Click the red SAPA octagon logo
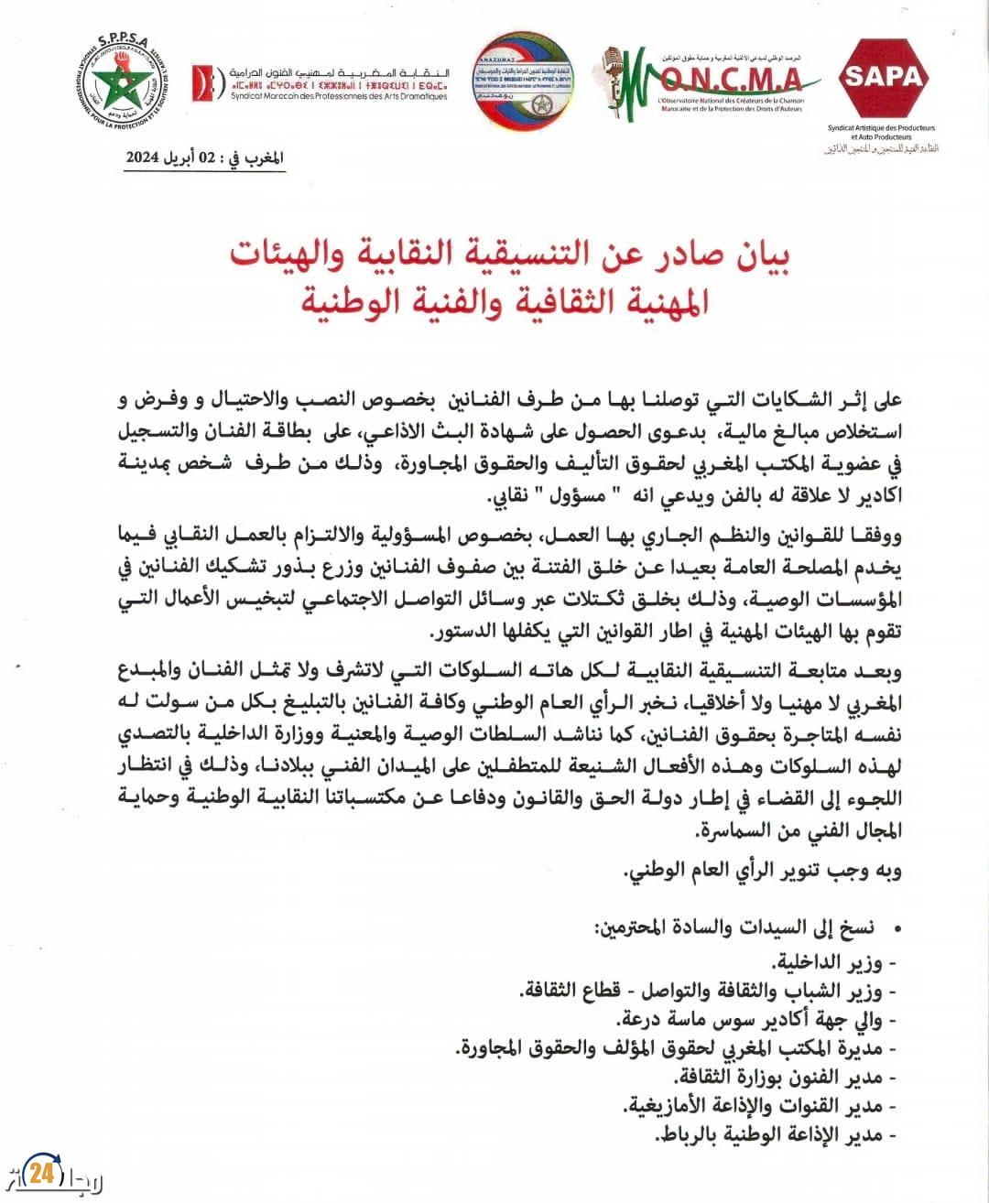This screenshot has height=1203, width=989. point(884,77)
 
